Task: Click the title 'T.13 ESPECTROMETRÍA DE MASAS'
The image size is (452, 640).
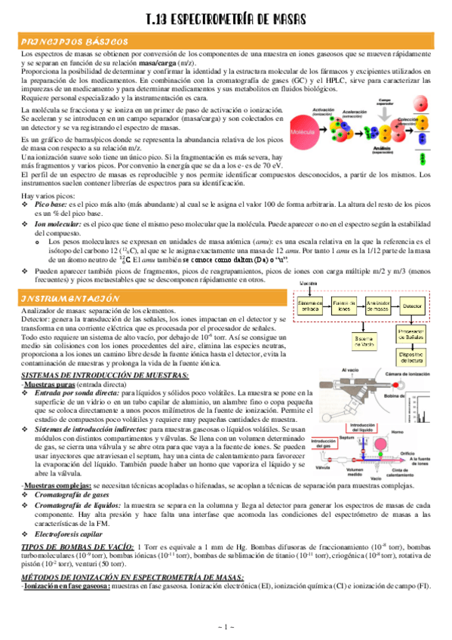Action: [226, 24]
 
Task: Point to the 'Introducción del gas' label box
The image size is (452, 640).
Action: [324, 445]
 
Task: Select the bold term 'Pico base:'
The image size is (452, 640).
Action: [51, 205]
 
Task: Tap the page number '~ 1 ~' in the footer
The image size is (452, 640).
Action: [226, 627]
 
